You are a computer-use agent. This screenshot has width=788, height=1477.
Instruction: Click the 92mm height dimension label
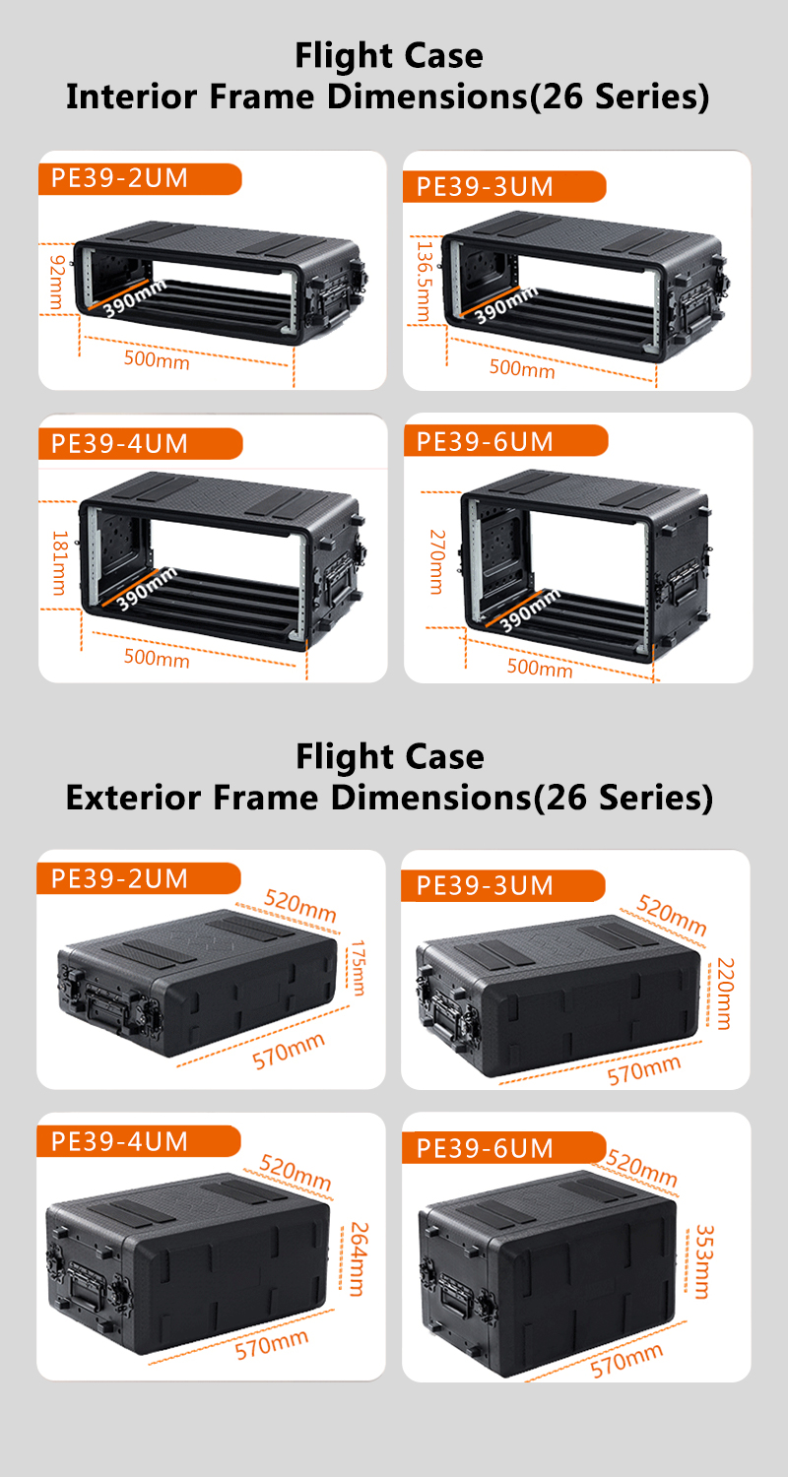(x=57, y=283)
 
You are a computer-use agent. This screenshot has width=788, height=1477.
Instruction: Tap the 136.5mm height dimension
(x=424, y=282)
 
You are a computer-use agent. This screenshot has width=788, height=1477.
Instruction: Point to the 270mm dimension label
(x=437, y=561)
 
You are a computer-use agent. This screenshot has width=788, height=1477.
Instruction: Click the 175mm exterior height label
(x=358, y=967)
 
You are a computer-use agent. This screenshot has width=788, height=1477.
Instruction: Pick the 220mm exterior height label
(x=725, y=993)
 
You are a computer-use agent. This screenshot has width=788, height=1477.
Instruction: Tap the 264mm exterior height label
(x=359, y=1258)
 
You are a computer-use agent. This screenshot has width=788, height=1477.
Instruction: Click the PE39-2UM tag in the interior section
(x=119, y=178)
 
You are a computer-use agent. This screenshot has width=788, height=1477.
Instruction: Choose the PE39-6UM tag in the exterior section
(x=485, y=1148)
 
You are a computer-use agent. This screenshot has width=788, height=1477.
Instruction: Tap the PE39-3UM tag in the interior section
(x=485, y=187)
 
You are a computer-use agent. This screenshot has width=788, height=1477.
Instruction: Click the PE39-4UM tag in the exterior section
(x=119, y=1141)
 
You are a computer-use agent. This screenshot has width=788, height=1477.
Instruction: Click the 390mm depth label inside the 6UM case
(x=530, y=610)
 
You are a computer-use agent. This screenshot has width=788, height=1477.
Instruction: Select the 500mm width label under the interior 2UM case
(x=157, y=360)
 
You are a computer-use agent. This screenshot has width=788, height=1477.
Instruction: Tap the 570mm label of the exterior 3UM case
(x=643, y=1069)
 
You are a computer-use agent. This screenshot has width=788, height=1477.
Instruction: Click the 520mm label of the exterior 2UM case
(x=300, y=905)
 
